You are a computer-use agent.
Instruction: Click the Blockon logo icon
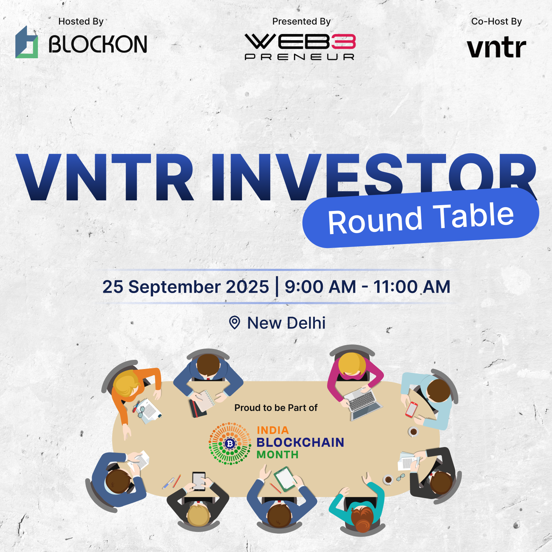(27, 42)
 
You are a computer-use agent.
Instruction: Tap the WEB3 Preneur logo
(300, 47)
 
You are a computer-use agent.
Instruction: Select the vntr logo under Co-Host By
(496, 48)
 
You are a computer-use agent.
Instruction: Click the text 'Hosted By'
(81, 21)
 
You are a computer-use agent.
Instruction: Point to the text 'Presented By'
(301, 21)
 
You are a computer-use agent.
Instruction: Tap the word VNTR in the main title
(105, 177)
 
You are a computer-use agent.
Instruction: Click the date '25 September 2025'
(186, 287)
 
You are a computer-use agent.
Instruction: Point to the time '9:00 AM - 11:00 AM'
(368, 287)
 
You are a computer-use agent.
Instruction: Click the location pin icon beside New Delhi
(234, 322)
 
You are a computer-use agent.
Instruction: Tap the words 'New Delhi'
(286, 323)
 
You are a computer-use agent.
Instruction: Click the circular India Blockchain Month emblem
(230, 444)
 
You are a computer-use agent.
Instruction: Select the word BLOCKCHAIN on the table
(300, 442)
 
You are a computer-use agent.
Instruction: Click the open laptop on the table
(363, 405)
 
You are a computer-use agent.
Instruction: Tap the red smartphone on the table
(411, 409)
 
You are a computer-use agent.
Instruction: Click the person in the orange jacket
(135, 392)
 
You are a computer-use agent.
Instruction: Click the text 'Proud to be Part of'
(276, 408)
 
